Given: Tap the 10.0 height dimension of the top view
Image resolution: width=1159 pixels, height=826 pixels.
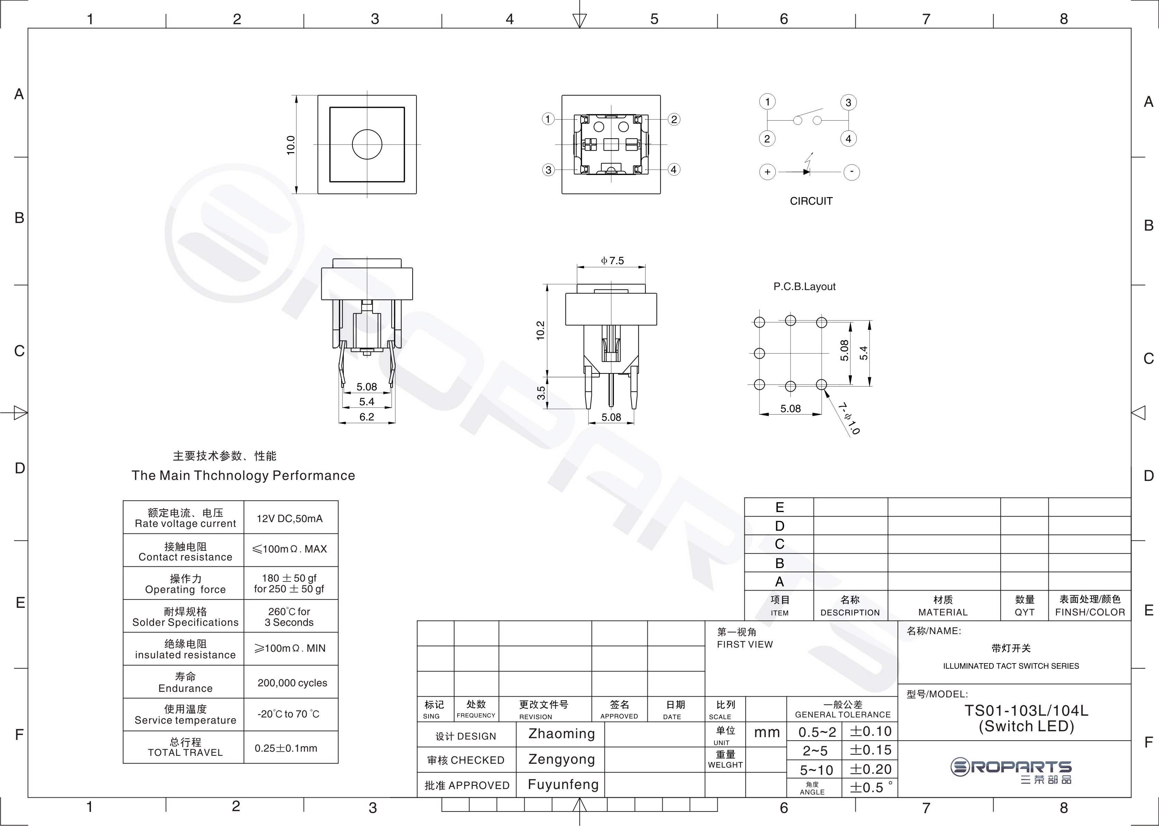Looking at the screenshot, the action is point(291,145).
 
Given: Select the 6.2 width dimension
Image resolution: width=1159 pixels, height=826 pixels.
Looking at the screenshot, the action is point(367,417).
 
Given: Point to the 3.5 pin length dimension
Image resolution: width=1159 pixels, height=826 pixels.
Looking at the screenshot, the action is point(541,393).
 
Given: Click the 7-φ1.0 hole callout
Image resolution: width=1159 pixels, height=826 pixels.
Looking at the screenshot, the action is point(849,419).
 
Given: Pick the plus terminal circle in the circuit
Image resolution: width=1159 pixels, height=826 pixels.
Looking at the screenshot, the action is point(767,172).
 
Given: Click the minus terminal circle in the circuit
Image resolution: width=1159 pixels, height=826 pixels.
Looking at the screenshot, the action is point(852,172).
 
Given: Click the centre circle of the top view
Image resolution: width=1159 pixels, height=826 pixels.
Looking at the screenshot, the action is point(367,145).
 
